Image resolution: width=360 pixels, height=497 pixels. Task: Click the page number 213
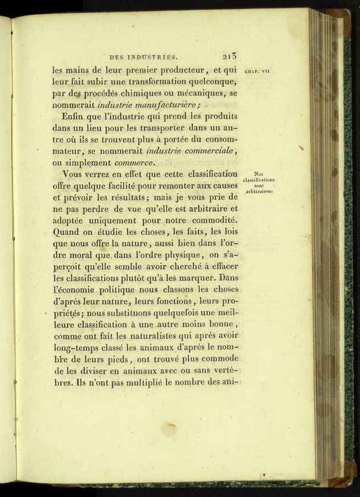coord(228,56)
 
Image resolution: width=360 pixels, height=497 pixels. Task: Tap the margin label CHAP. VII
coord(258,70)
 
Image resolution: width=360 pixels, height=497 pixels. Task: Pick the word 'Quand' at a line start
coord(68,232)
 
